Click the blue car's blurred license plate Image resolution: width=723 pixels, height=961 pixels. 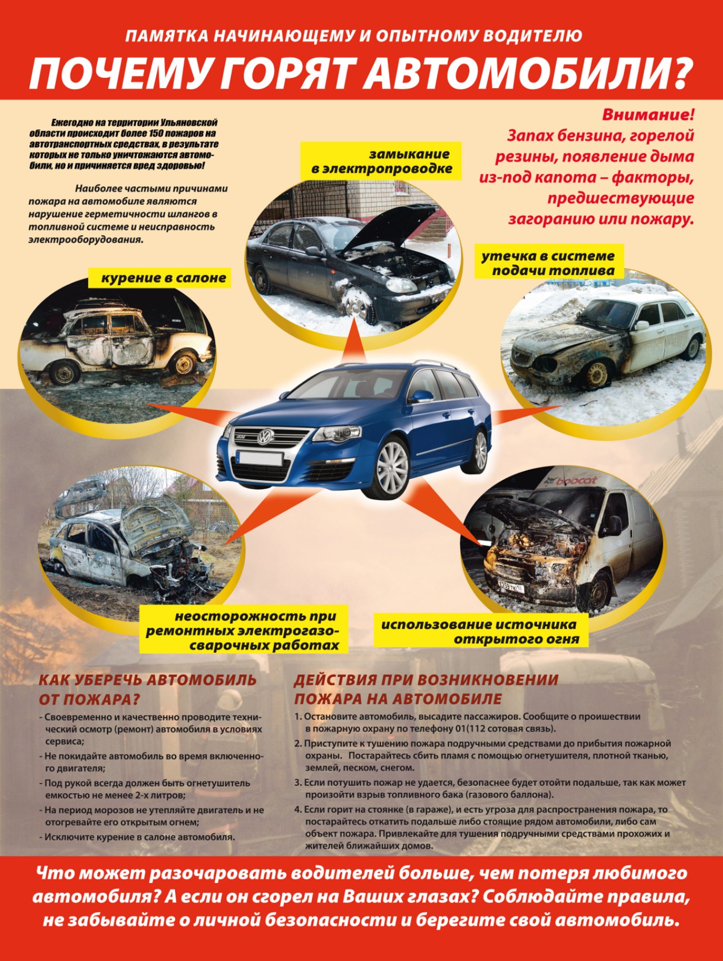[x=259, y=458]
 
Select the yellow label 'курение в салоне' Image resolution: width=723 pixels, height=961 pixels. [x=163, y=278]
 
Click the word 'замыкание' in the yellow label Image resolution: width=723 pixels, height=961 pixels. [x=409, y=154]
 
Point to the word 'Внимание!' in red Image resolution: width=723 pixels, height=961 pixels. [x=648, y=115]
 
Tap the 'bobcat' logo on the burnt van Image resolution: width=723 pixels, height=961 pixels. [x=576, y=481]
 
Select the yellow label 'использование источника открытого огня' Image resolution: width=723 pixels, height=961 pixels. [x=480, y=631]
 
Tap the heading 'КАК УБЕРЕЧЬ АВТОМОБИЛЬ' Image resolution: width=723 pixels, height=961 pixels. [x=147, y=680]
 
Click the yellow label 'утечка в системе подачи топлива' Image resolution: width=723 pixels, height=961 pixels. [x=549, y=263]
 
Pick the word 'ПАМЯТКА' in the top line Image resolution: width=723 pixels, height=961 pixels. [x=166, y=36]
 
